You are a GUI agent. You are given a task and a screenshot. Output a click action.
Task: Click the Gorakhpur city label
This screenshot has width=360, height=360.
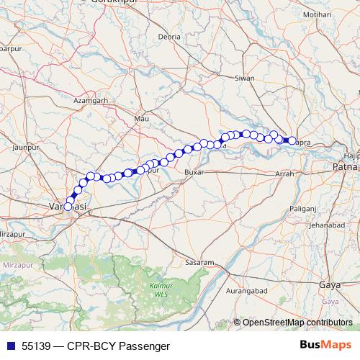pos(114,2)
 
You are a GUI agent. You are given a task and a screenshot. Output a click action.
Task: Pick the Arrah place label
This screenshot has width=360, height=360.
pos(286,174)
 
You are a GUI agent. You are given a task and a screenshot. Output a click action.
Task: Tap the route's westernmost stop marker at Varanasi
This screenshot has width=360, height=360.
pos(68,207)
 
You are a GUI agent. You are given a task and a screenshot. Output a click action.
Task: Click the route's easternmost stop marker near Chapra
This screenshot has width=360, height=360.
pos(292,141)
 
